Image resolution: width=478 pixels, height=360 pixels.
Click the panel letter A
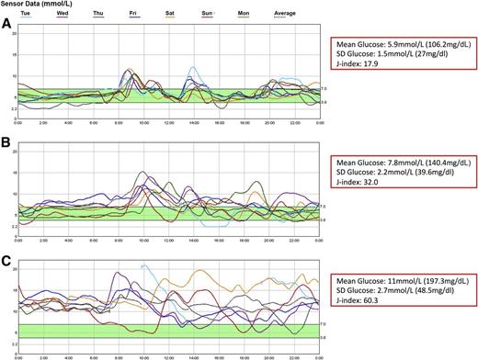[7, 28]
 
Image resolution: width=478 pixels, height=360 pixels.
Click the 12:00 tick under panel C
[167, 354]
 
